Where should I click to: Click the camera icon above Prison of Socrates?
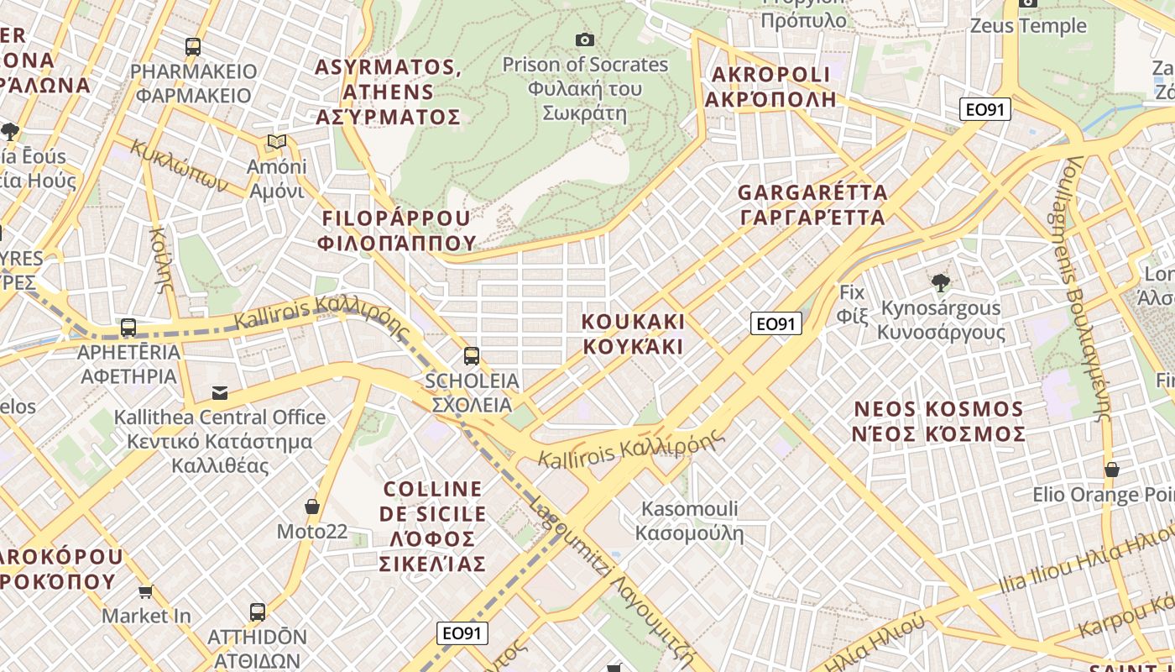[585, 39]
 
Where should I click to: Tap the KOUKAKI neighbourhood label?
[634, 333]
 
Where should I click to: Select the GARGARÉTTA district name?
[812, 205]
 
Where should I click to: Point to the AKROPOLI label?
[770, 87]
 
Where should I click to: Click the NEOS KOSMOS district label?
[938, 422]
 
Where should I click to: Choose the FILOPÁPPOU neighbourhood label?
[399, 231]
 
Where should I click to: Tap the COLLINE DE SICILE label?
[433, 526]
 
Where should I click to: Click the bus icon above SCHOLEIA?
[472, 356]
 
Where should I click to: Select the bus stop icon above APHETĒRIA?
[128, 328]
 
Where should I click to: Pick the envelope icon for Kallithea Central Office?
[220, 392]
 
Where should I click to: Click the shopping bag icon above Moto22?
[312, 507]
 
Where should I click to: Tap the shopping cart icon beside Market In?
[145, 591]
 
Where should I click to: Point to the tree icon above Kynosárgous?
[940, 283]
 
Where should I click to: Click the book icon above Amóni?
[276, 142]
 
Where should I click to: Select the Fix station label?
[852, 304]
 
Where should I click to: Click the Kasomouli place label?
[689, 521]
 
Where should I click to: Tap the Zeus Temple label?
[1028, 26]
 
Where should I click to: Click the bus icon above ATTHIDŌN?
[258, 612]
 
